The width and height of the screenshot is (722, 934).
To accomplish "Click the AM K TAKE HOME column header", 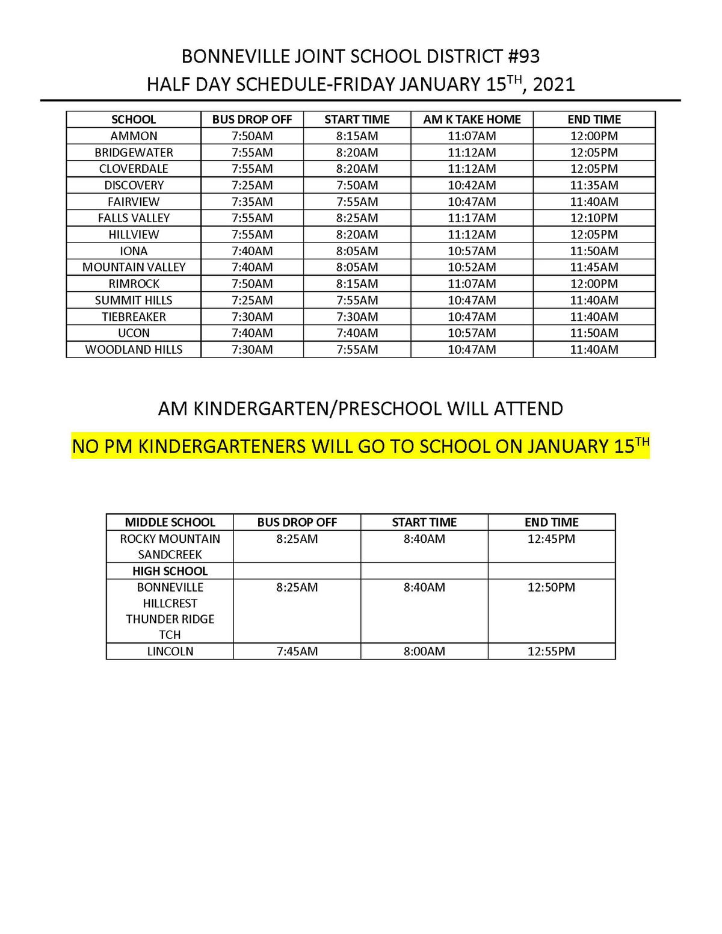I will (x=472, y=119).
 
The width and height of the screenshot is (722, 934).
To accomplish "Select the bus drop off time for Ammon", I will (x=252, y=136).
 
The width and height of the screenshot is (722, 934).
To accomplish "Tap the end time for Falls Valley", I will (x=594, y=218).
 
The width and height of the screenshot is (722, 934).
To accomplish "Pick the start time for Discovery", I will (x=357, y=185).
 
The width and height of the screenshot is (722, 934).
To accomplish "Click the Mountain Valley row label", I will (x=134, y=267).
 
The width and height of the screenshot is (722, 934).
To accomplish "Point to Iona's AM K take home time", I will (x=472, y=251).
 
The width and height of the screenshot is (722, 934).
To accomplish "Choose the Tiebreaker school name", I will (x=134, y=317).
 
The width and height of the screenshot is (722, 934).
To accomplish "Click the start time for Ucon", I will (x=357, y=333).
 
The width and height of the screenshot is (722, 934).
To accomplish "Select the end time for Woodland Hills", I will (x=594, y=350).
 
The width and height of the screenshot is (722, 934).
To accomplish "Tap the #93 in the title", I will (x=524, y=57).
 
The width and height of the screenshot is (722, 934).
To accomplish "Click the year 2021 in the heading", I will (x=554, y=84).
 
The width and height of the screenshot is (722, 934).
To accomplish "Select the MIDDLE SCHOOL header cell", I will (x=170, y=522).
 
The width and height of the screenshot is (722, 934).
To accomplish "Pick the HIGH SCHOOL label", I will (x=170, y=571).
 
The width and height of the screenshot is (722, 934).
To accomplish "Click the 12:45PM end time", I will (x=551, y=539).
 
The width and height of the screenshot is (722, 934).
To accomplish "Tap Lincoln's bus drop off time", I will (x=297, y=651).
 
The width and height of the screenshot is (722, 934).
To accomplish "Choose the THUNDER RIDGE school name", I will (x=170, y=619).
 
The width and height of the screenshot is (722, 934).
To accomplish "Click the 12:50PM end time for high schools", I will (x=551, y=587).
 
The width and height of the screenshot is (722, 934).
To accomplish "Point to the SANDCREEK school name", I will (x=170, y=555).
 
